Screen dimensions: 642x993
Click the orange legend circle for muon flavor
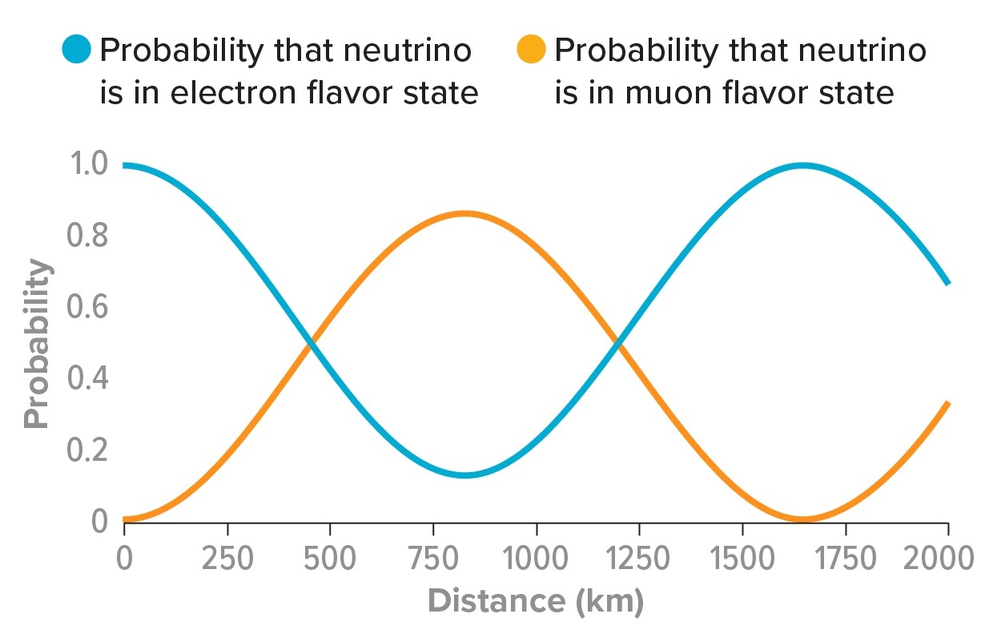532,50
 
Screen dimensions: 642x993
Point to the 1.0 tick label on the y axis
88,164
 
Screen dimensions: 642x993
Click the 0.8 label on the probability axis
88,236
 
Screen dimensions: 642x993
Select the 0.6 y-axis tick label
88,308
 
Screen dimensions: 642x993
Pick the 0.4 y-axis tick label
88,379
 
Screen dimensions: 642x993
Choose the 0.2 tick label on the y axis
88,450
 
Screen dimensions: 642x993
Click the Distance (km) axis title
535,600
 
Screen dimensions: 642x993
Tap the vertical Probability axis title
37,344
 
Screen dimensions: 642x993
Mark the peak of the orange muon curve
464,213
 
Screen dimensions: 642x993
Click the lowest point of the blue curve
465,475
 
